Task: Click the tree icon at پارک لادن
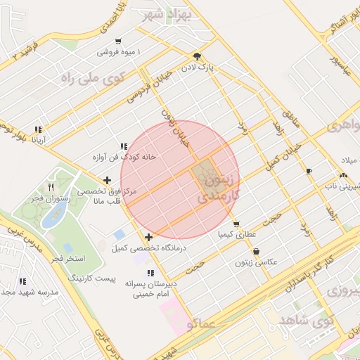[198, 57]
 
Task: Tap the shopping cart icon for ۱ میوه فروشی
[117, 41]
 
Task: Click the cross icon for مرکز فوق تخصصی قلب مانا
[107, 181]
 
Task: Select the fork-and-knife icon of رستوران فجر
[51, 187]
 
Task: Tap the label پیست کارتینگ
[91, 278]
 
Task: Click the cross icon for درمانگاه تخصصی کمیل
[148, 237]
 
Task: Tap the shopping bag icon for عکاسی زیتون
[256, 251]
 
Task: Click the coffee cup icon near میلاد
[309, 171]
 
